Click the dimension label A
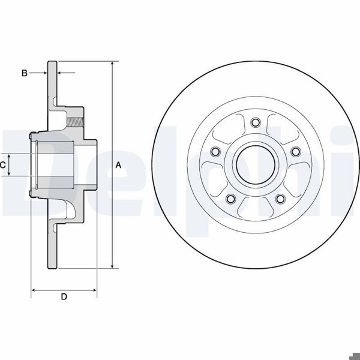(x=118, y=164)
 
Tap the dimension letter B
(x=24, y=73)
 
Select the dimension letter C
(x=3, y=164)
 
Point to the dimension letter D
(x=64, y=297)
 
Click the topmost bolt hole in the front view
(x=256, y=123)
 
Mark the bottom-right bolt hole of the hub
(x=280, y=199)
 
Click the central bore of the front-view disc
(x=256, y=164)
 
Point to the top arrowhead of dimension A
(x=112, y=64)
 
